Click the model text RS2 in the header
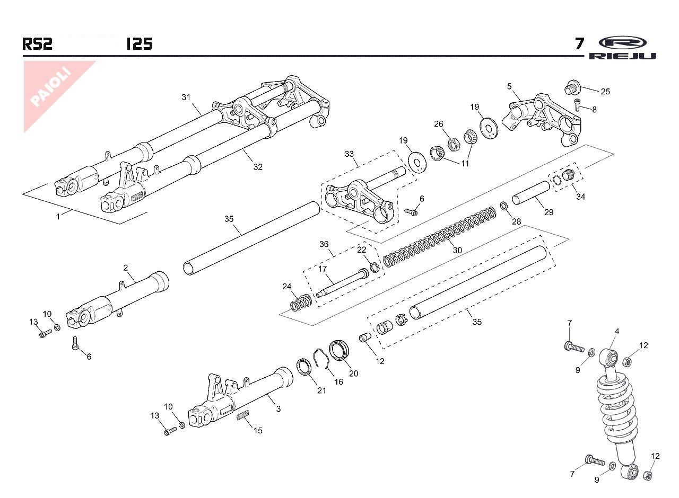37,43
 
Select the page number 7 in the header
580,43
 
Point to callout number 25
605,91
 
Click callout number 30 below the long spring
457,250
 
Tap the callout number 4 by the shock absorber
617,332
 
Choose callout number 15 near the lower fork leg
258,430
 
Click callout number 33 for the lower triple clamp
349,154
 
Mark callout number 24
287,287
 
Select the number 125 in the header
140,43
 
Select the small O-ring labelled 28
503,206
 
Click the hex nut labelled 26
454,143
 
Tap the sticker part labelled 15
243,416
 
